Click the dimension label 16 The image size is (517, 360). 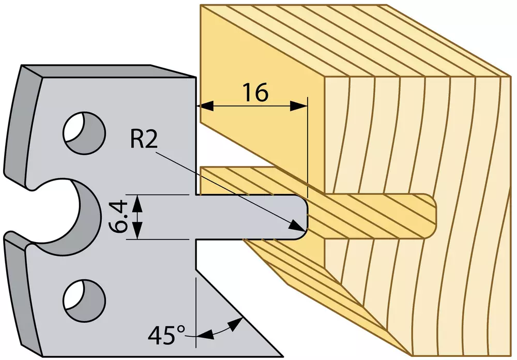[x=256, y=93]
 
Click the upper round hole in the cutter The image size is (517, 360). [x=84, y=132]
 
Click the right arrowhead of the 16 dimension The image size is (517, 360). [x=299, y=106]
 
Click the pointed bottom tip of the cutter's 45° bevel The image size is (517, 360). [x=283, y=356]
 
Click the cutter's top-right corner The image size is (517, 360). [x=196, y=78]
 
